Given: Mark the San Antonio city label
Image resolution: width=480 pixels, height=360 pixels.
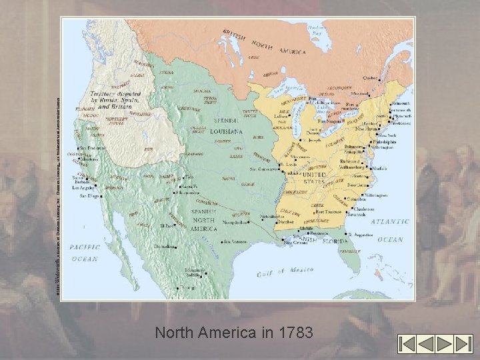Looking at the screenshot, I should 236,241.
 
